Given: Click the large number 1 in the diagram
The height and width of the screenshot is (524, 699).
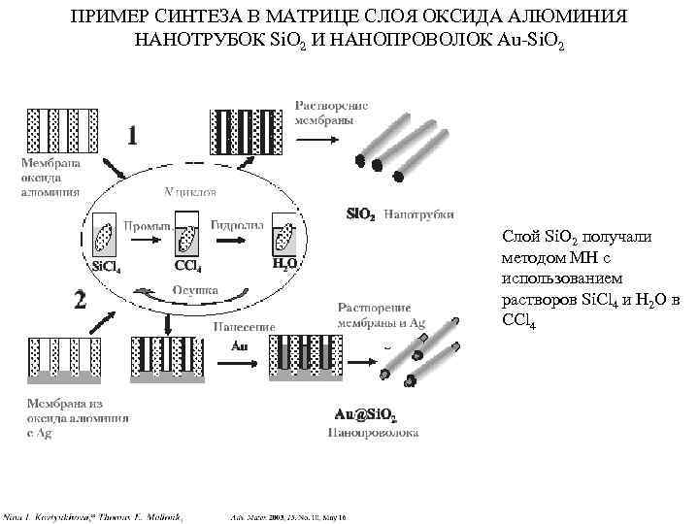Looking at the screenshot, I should coord(133,134).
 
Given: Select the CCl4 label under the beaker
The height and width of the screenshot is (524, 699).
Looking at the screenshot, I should coord(187,264).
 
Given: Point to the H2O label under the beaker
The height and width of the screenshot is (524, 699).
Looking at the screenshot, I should coord(283,263).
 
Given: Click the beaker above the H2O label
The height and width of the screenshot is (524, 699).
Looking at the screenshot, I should coord(284,239).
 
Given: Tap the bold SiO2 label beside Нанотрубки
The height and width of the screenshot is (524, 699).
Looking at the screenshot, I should coord(361,215).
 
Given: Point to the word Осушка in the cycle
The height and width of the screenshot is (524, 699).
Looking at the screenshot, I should coord(195,289).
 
